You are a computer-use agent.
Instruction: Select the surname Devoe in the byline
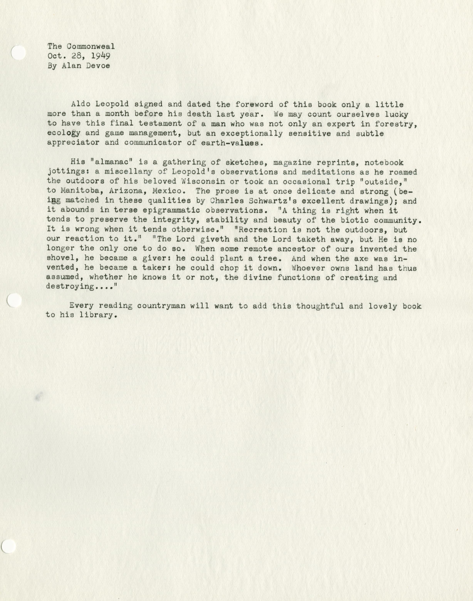(98, 66)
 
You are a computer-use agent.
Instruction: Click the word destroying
(70, 287)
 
